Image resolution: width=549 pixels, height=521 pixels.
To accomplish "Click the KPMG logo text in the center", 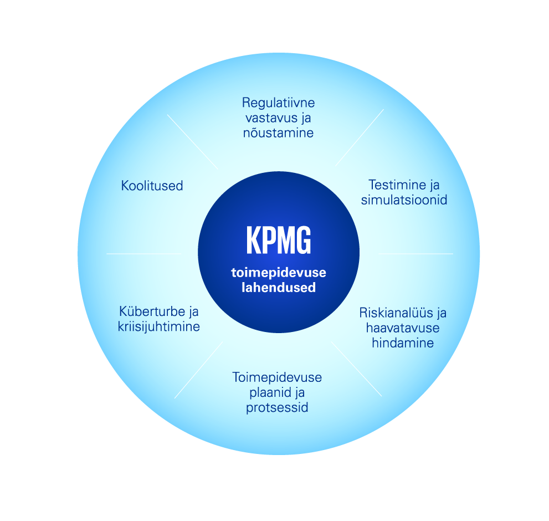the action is (x=279, y=240).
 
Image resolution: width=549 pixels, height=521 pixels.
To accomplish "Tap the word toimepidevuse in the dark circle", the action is (x=279, y=273).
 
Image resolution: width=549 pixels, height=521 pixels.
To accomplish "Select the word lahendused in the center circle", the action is (x=279, y=287).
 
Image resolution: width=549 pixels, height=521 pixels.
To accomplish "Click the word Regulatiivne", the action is (x=278, y=103).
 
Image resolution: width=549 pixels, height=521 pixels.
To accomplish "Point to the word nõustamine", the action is (x=278, y=133).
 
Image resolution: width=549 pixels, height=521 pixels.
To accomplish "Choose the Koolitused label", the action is (x=152, y=186).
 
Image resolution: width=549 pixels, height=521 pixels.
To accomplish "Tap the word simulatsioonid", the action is (x=404, y=200).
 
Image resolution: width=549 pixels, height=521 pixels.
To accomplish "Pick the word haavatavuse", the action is (x=403, y=328).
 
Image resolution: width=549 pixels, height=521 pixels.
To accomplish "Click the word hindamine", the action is (x=403, y=343).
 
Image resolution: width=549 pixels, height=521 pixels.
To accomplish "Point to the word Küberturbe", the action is (x=152, y=311).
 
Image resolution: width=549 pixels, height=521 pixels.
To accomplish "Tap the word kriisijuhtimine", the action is (x=159, y=327).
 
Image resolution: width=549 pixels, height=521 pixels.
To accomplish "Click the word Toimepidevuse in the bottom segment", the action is (x=277, y=378).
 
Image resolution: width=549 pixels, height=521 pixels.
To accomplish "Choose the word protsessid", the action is (x=277, y=408).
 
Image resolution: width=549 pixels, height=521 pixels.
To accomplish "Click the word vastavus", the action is (x=268, y=118).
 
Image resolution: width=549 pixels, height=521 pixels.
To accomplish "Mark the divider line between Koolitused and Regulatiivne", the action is (x=193, y=142).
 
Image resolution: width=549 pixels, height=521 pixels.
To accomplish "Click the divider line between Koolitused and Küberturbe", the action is (x=143, y=254).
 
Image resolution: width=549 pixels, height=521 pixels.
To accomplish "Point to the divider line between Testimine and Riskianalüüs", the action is (x=416, y=254).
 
